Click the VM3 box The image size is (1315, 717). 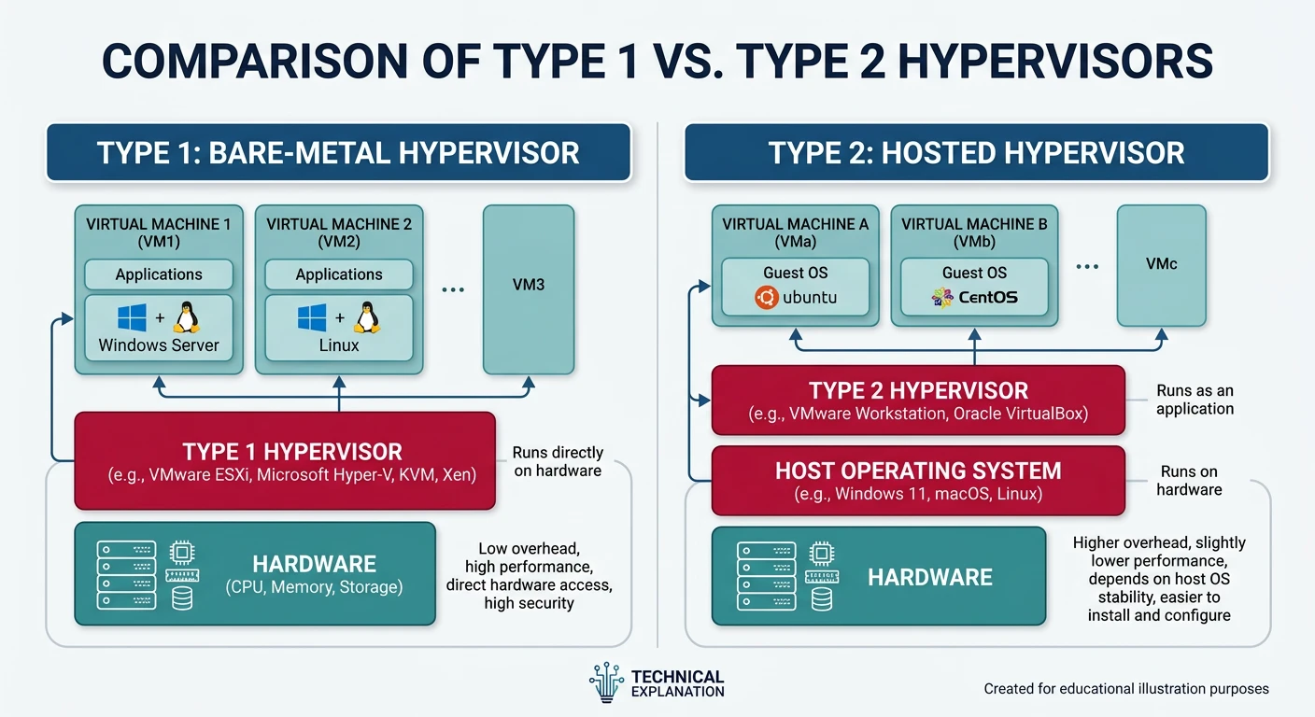coord(529,289)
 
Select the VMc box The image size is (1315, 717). coord(1161,265)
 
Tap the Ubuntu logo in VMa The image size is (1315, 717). coord(767,298)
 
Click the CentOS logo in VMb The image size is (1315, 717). coord(942,298)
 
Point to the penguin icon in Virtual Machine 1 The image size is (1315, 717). coord(187,317)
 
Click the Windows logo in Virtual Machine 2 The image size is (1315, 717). coord(311,317)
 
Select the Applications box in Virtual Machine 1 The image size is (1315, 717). coord(158,274)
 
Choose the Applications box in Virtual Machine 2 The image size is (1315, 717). coord(339,274)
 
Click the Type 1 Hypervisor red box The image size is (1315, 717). coord(284,461)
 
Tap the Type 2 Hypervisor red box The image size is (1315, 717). coord(918,400)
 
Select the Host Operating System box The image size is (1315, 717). coord(918,480)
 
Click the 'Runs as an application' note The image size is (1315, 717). coord(1195,400)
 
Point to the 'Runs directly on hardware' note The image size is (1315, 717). coord(558,461)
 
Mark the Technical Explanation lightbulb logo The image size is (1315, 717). coord(606,683)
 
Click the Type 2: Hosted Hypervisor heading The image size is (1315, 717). coord(976,152)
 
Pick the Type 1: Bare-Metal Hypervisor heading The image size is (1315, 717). coord(338,152)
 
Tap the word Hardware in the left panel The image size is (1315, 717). coord(314,564)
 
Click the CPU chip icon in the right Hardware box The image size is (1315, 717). coord(822,554)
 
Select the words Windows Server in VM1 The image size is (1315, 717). coord(159,345)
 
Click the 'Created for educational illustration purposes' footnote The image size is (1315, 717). coord(1126,689)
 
